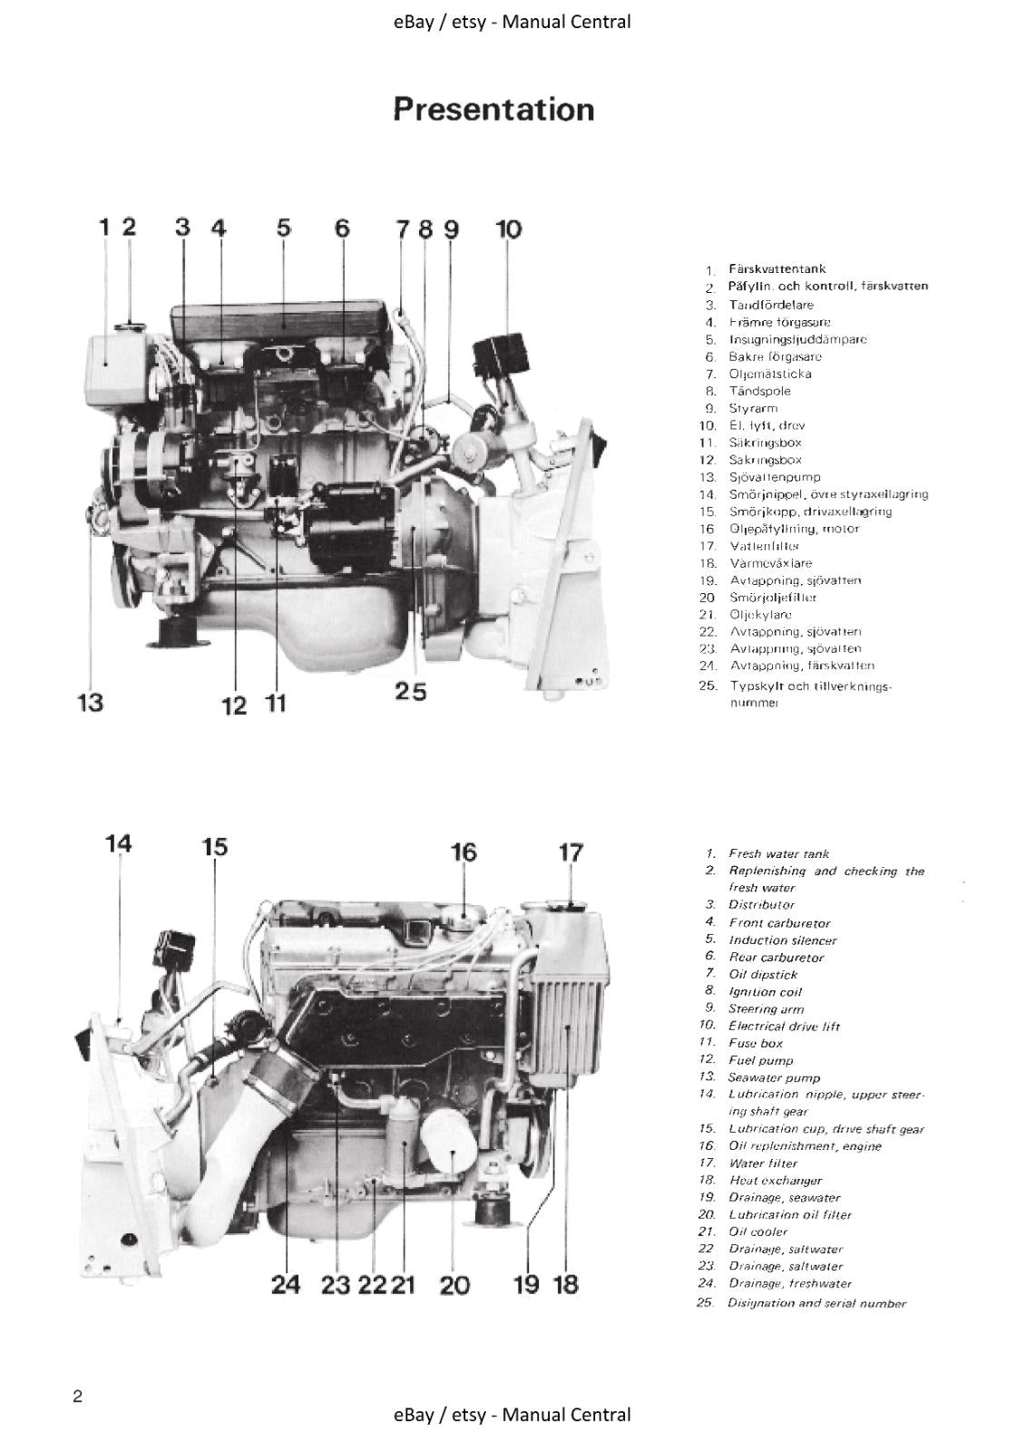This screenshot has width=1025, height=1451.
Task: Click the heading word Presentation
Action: click(494, 110)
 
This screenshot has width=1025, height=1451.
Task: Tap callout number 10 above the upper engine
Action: click(509, 229)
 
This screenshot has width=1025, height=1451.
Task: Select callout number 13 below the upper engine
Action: click(89, 702)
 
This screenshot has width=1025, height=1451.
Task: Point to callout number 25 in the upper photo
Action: click(410, 692)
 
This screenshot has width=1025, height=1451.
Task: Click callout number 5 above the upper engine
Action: click(284, 228)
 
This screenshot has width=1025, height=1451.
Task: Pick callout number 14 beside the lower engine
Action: click(118, 844)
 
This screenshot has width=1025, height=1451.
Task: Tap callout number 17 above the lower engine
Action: click(571, 852)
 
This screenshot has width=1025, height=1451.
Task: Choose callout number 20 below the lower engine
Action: click(454, 1285)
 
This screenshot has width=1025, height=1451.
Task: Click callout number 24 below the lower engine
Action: click(285, 1285)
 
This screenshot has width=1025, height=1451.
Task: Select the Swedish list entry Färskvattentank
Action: click(776, 269)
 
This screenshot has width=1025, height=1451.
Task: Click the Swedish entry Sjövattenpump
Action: click(775, 477)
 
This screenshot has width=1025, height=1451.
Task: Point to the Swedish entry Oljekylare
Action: click(760, 615)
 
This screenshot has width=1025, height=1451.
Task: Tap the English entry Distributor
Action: click(761, 905)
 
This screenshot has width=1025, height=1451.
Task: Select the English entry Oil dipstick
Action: click(763, 975)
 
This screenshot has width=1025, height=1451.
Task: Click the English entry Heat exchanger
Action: click(776, 1181)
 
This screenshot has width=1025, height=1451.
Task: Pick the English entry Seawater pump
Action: click(774, 1078)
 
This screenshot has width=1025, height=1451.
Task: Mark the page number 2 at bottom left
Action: click(78, 1397)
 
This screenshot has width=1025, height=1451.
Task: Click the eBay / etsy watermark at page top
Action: click(512, 22)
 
